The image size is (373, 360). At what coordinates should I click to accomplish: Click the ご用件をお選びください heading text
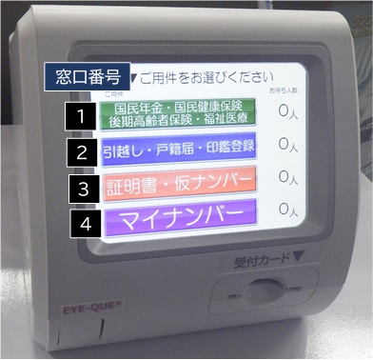(204, 76)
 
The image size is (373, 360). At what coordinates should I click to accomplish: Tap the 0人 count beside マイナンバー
(289, 208)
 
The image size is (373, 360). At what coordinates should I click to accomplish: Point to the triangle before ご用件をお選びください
(134, 76)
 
